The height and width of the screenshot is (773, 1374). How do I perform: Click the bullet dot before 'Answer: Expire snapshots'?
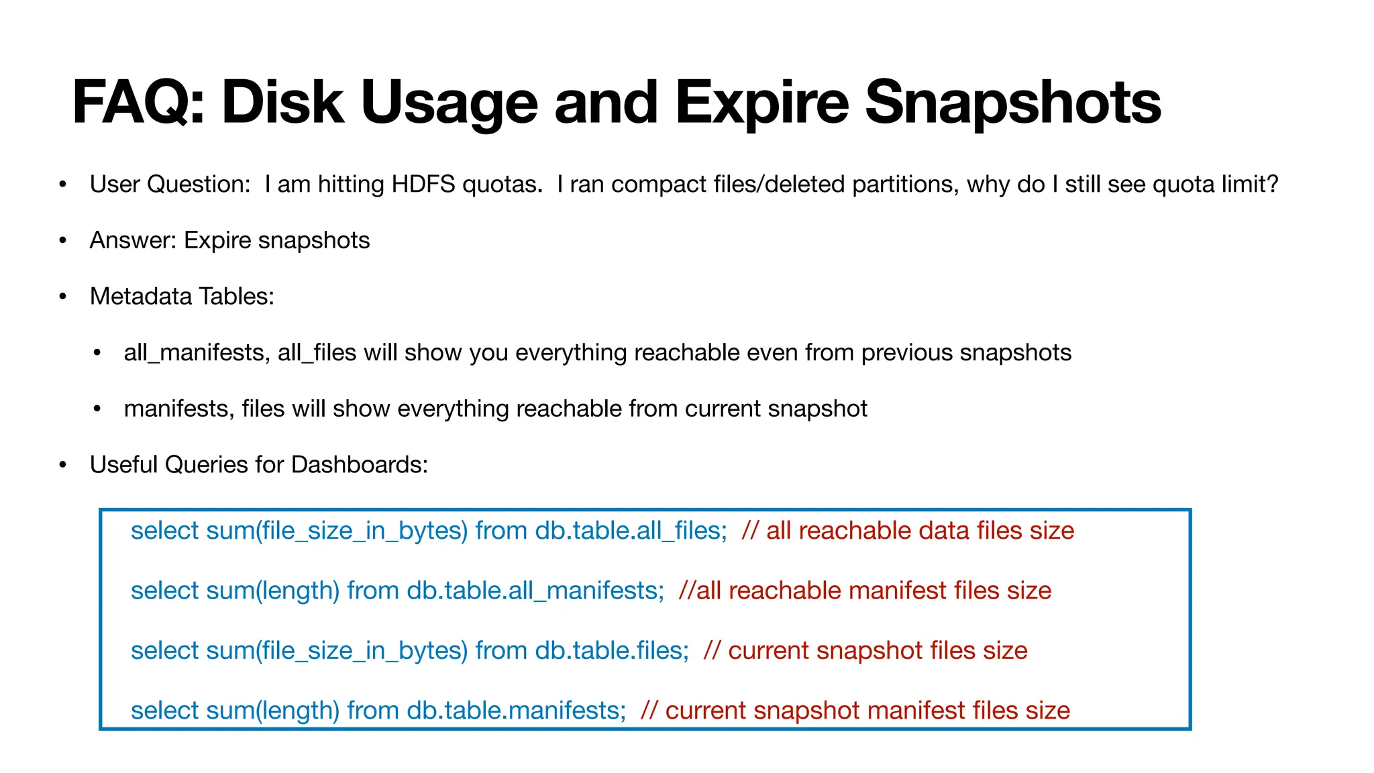(63, 240)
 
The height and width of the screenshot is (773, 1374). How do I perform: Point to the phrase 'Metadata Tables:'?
(182, 296)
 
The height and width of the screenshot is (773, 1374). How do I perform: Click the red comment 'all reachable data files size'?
(920, 531)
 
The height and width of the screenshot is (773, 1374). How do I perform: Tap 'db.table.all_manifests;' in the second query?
(535, 590)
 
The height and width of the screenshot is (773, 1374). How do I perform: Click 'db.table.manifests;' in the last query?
(517, 710)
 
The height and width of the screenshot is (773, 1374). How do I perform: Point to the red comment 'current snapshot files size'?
(878, 650)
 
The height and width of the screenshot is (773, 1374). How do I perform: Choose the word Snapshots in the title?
(1013, 103)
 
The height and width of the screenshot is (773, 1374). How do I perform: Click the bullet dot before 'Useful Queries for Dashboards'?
(63, 464)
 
